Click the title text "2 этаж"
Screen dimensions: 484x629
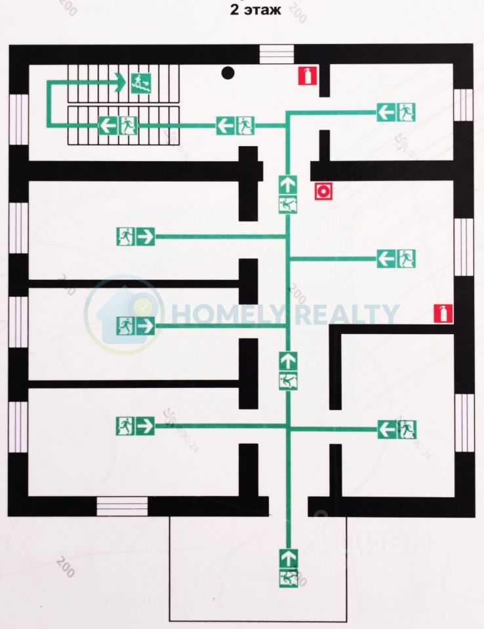(255, 10)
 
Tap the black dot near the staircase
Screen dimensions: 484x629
(228, 73)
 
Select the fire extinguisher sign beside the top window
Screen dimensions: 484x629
(306, 75)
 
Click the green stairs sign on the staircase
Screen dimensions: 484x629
(141, 83)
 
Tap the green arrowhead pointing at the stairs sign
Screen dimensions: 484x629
(120, 83)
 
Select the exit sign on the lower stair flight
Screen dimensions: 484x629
(117, 124)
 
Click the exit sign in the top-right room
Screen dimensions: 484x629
(397, 113)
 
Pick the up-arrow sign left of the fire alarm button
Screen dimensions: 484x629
(287, 195)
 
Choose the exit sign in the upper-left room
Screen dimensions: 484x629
(136, 236)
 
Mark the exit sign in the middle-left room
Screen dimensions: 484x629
(136, 325)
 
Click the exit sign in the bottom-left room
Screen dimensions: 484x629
(136, 426)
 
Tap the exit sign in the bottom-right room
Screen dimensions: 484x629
(397, 429)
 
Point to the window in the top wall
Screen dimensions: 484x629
(276, 54)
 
